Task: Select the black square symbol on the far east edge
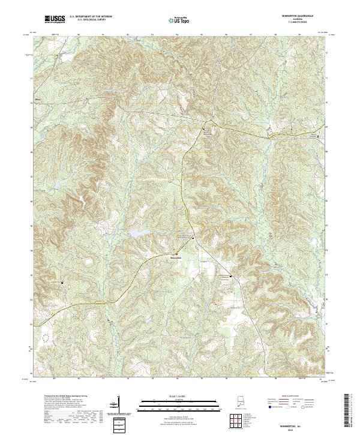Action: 318,137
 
